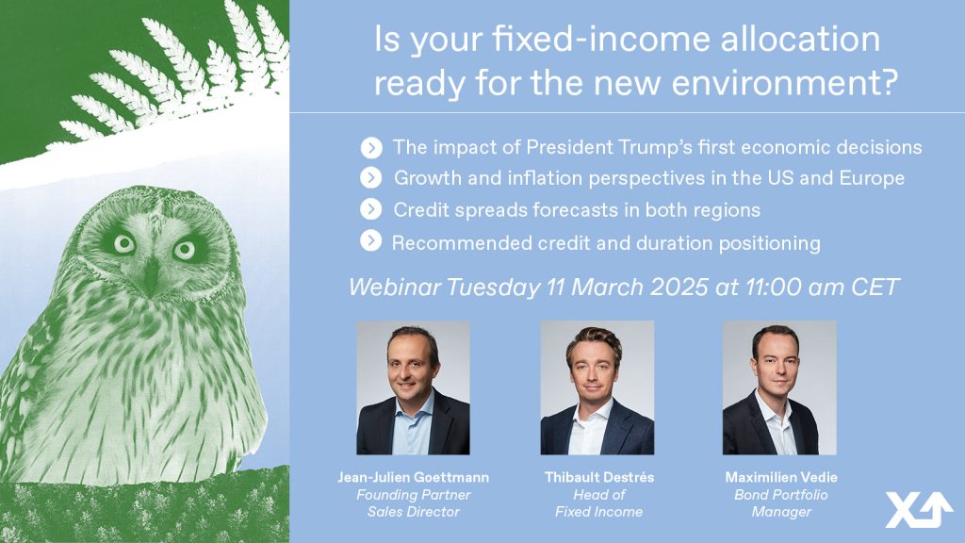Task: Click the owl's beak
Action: [x=152, y=275]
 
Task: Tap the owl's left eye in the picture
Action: [x=184, y=250]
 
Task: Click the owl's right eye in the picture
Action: [x=124, y=244]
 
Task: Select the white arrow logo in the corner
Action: [x=919, y=510]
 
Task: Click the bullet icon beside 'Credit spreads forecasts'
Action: [x=371, y=209]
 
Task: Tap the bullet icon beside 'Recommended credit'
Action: [x=371, y=240]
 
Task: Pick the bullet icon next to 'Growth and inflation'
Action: [x=371, y=178]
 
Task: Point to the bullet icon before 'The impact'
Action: [x=371, y=148]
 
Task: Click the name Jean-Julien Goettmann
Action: [x=414, y=477]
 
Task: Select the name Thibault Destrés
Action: [x=598, y=477]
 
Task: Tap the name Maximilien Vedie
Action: [x=781, y=477]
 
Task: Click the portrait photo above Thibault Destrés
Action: [x=597, y=387]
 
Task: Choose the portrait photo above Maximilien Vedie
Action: [x=779, y=387]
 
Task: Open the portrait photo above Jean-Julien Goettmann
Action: [x=413, y=387]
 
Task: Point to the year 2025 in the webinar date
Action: [x=679, y=287]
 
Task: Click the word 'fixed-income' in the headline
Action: [x=600, y=40]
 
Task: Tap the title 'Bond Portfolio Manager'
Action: [x=781, y=503]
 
